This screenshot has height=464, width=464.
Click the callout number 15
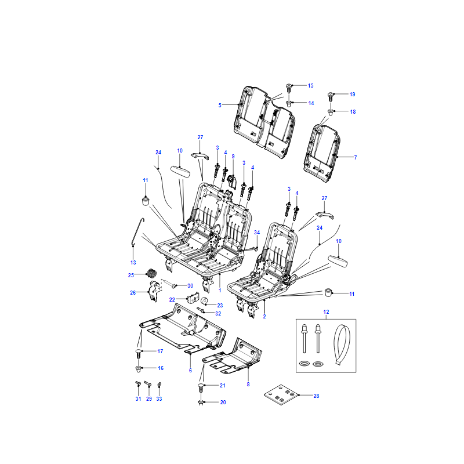[310, 85]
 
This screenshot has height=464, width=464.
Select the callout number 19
[352, 94]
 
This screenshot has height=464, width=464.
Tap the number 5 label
[220, 105]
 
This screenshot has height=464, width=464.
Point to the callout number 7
[356, 157]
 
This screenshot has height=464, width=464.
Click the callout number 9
[233, 156]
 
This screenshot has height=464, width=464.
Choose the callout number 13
[133, 263]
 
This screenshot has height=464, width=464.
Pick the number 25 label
[131, 275]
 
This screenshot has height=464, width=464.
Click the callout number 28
[316, 396]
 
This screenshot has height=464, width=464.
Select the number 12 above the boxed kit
[326, 312]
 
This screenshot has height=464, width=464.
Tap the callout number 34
[257, 233]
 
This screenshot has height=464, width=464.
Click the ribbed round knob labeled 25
[151, 273]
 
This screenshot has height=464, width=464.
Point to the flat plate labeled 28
[281, 395]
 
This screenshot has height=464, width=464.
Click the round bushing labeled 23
[205, 301]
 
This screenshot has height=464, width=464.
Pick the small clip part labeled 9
[232, 182]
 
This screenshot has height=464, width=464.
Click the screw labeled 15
[289, 89]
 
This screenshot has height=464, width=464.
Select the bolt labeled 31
[138, 385]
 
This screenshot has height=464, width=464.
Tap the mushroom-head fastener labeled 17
[139, 353]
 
